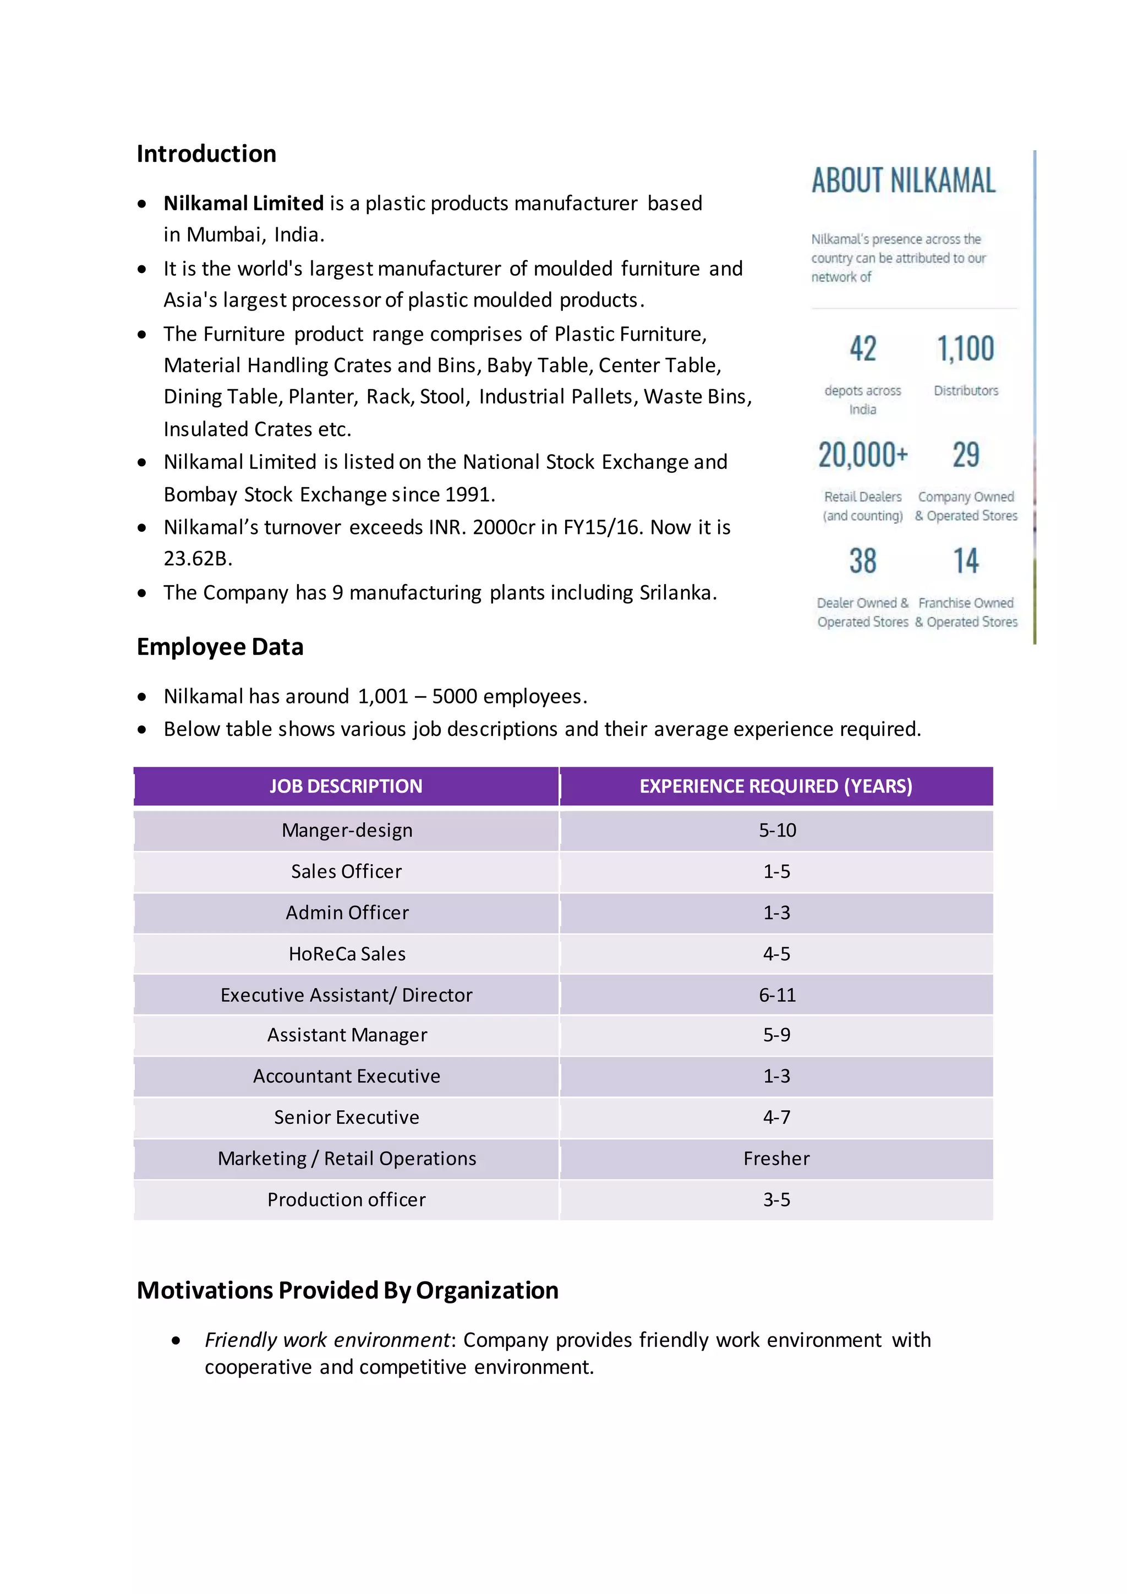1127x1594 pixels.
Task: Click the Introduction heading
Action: (206, 154)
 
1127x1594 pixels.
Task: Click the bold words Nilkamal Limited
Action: (244, 204)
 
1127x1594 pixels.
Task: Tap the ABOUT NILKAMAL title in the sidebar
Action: (903, 181)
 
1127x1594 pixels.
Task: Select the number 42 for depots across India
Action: (863, 348)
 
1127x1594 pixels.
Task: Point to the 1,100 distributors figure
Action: (965, 348)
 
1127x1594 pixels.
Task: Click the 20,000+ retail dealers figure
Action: (863, 455)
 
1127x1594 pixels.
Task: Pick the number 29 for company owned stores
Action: (965, 455)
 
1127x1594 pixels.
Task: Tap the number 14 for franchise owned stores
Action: (965, 561)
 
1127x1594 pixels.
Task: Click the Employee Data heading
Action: (220, 647)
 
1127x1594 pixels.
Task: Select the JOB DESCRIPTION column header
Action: (346, 786)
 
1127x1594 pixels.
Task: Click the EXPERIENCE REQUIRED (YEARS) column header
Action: (776, 786)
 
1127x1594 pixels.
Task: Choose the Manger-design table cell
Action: (347, 831)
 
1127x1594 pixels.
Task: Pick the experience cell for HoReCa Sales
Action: (776, 954)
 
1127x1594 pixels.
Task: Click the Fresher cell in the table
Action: (776, 1159)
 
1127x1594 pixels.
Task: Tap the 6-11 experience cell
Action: (776, 995)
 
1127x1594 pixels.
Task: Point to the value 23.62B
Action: (197, 559)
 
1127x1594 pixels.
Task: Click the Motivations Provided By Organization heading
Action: (347, 1290)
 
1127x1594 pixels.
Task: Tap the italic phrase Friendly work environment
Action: (327, 1340)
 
